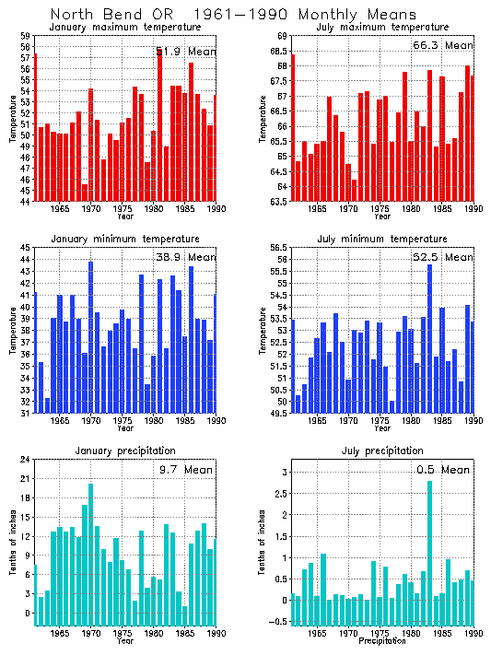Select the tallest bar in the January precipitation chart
(x=90, y=555)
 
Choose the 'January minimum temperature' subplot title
(x=123, y=239)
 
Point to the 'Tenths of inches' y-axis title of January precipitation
(x=12, y=542)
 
